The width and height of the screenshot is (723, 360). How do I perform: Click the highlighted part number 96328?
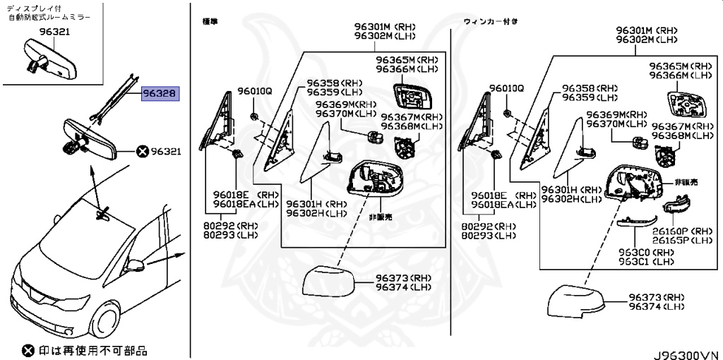(x=161, y=93)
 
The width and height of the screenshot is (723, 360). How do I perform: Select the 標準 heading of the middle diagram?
(x=210, y=22)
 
